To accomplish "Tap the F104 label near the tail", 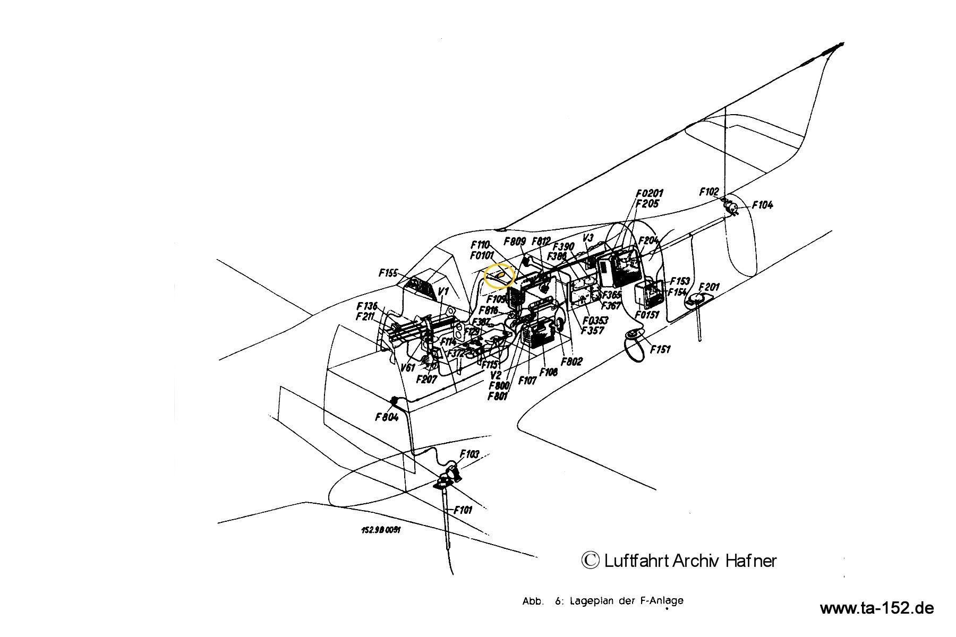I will tap(762, 205).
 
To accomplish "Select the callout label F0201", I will tap(649, 194).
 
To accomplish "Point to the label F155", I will tap(388, 273).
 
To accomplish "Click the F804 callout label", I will tap(387, 417).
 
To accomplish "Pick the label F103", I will tap(470, 454).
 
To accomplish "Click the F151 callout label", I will tap(660, 349).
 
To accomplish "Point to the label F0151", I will tap(647, 315).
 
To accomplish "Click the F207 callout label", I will tap(426, 379).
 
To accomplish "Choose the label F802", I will tap(571, 361).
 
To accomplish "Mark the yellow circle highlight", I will tap(500, 276).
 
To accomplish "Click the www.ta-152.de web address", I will tap(876, 608).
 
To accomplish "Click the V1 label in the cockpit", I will tap(443, 292).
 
